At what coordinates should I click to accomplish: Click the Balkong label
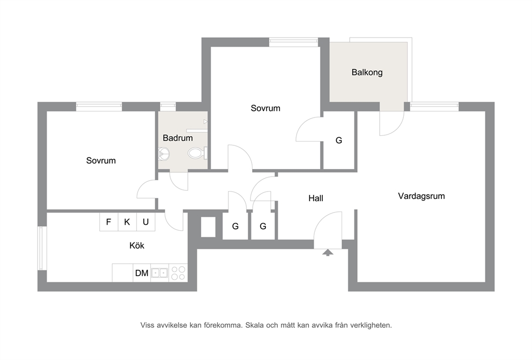[367, 72]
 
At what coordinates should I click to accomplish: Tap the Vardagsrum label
[422, 196]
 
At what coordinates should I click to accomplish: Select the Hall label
[315, 198]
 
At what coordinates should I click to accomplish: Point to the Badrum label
[178, 138]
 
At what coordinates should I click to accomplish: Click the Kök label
[137, 245]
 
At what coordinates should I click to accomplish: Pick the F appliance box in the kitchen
[108, 222]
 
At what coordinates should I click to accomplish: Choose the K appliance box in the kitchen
[127, 222]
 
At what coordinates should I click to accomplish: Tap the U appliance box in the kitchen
[146, 222]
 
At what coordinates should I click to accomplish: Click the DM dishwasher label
[142, 273]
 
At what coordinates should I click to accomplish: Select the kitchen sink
[159, 273]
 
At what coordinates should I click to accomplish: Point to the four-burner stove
[178, 273]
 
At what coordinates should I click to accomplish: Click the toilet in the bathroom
[197, 153]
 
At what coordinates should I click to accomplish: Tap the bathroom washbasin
[164, 154]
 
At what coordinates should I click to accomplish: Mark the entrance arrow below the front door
[328, 253]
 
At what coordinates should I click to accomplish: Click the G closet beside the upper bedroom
[338, 140]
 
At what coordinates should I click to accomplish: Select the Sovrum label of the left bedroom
[101, 160]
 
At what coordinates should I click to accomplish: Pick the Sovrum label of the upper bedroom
[265, 108]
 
